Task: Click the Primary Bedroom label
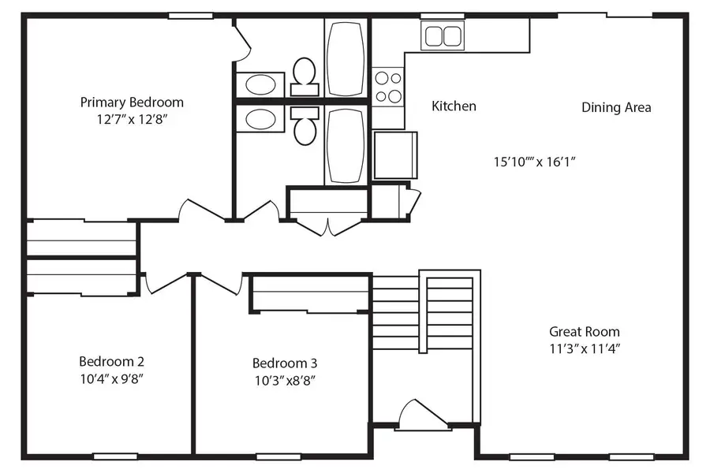(132, 102)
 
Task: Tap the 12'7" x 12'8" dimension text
(132, 120)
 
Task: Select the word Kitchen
(454, 106)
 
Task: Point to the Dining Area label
(616, 107)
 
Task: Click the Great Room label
(584, 332)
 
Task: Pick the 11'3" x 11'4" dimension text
(584, 348)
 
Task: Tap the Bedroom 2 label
(111, 362)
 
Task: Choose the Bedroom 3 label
(285, 363)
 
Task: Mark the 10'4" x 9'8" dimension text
(111, 378)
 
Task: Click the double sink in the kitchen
(443, 35)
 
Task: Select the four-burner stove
(387, 88)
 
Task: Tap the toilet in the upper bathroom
(304, 73)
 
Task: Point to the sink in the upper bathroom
(260, 84)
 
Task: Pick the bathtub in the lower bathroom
(345, 145)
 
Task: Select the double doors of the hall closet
(328, 225)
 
